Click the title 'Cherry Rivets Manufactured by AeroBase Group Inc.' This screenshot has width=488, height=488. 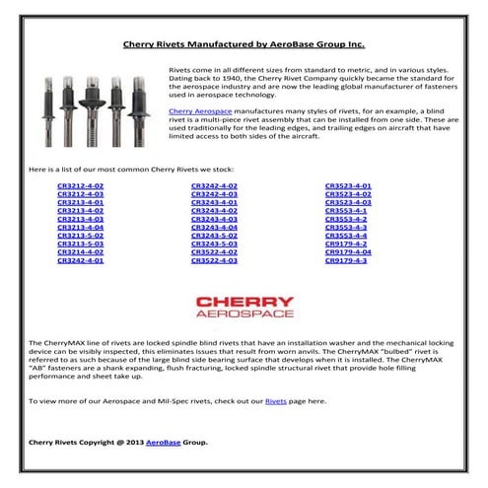(x=243, y=44)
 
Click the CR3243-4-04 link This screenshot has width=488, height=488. (x=214, y=227)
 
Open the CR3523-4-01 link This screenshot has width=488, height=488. (x=348, y=184)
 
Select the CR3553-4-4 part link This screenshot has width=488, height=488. (x=346, y=235)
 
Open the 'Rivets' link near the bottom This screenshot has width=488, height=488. (x=275, y=403)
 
